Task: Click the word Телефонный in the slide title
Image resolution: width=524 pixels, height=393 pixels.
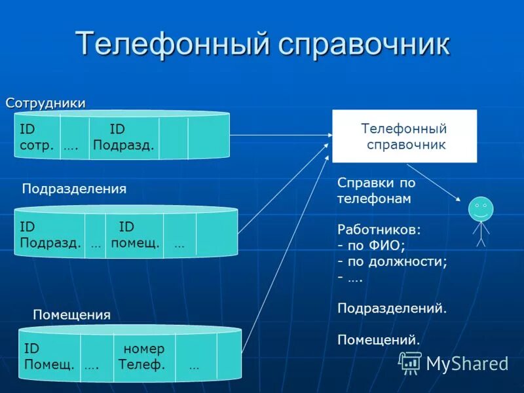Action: point(172,44)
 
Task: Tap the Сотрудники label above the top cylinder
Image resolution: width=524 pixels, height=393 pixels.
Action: point(46,103)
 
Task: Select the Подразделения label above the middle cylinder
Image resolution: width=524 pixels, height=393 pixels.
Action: point(74,189)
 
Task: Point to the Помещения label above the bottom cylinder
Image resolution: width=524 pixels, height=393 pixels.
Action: point(71,315)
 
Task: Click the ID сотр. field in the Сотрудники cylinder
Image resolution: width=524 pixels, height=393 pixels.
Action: point(37,137)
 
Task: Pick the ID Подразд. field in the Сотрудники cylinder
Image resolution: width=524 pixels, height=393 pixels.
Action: point(123,137)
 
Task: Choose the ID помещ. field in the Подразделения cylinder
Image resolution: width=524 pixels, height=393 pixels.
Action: point(134,235)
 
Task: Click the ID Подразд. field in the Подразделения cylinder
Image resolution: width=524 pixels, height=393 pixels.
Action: point(50,235)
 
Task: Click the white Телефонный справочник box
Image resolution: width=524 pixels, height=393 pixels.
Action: point(404,136)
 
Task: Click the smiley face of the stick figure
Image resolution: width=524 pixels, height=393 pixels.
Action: point(481,209)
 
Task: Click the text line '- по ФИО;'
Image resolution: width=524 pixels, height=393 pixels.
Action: point(371,246)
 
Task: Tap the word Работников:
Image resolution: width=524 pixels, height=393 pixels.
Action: point(379,230)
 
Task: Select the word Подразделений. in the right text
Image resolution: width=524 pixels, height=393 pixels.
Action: point(392,308)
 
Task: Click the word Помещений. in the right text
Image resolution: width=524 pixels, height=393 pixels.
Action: point(378,339)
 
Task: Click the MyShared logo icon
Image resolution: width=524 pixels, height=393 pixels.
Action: point(411,362)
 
